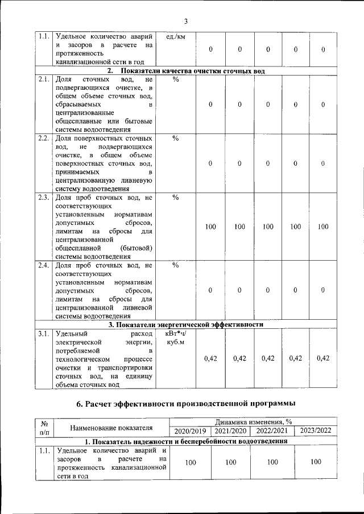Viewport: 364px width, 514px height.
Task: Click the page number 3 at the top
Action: [x=186, y=22]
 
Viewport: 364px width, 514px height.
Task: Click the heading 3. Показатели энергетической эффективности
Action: [x=186, y=325]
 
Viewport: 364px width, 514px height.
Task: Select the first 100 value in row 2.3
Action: [x=210, y=227]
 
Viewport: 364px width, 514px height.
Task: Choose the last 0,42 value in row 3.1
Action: [x=323, y=358]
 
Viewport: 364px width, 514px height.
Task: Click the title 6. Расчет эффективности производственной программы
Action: [x=186, y=404]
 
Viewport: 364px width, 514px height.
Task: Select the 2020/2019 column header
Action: [x=190, y=431]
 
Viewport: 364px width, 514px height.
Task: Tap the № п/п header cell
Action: [x=44, y=427]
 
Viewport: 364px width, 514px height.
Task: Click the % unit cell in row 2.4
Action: [x=175, y=265]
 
